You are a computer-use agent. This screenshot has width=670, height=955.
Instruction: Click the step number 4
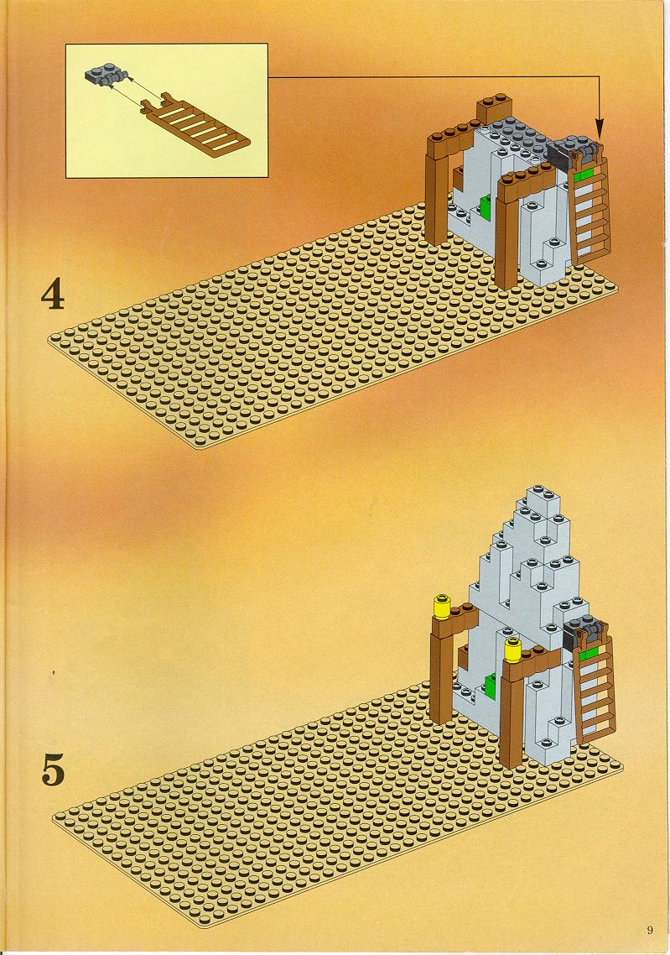coord(52,295)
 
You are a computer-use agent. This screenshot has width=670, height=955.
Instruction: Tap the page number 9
coord(650,930)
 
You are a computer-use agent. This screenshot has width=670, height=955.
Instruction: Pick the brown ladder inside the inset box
coord(194,123)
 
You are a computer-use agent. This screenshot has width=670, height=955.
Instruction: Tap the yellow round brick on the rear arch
coord(441,608)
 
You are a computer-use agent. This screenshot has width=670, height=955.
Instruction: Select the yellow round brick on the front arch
coord(514,650)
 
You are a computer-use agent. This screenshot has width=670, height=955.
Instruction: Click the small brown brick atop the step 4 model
coord(493,107)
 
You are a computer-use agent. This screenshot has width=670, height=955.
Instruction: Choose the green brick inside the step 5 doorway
coord(491,686)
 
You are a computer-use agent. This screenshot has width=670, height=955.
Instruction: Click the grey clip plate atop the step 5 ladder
coord(585,633)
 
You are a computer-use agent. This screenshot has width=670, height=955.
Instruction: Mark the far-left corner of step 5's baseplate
coord(55,815)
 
